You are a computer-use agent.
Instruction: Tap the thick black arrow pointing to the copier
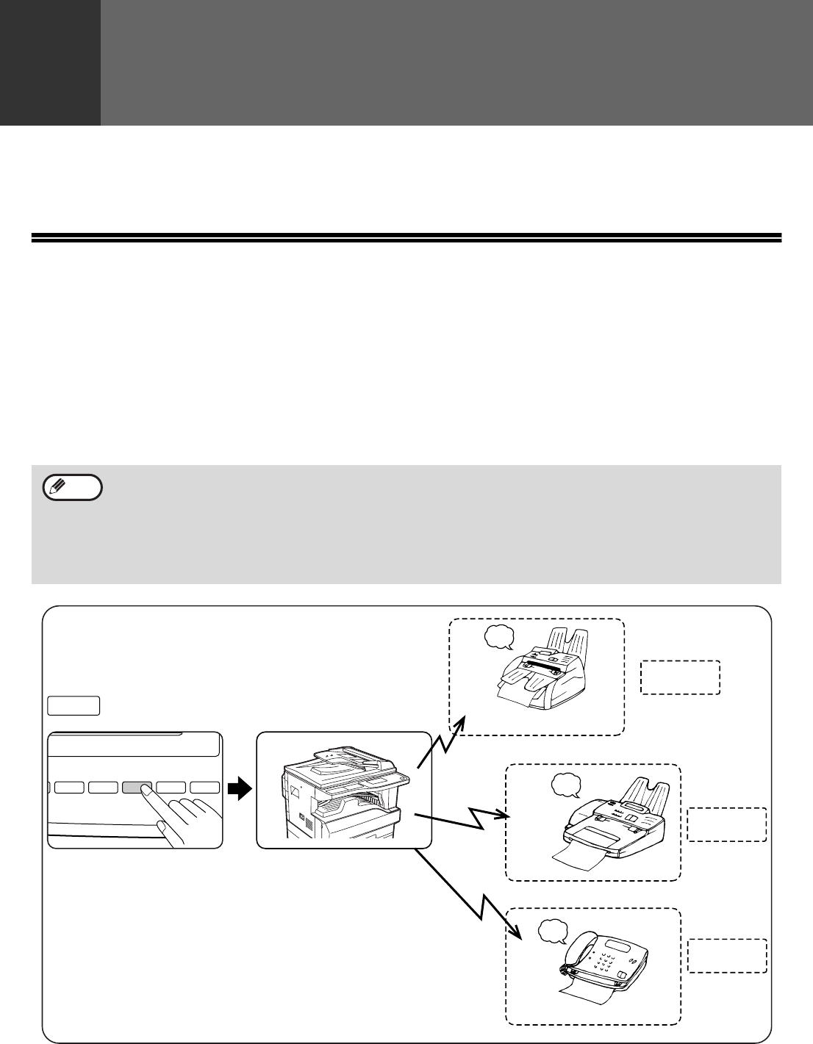pyautogui.click(x=238, y=790)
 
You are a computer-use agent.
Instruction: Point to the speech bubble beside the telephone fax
pyautogui.click(x=553, y=932)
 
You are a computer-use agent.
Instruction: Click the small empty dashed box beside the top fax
pyautogui.click(x=680, y=677)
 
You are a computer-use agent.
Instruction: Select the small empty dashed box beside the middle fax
pyautogui.click(x=726, y=824)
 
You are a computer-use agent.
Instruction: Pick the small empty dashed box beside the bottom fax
pyautogui.click(x=726, y=956)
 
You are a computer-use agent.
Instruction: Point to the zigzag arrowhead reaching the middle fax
pyautogui.click(x=505, y=815)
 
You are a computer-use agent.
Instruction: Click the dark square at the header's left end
pyautogui.click(x=50, y=62)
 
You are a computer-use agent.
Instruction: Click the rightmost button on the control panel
pyautogui.click(x=205, y=788)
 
